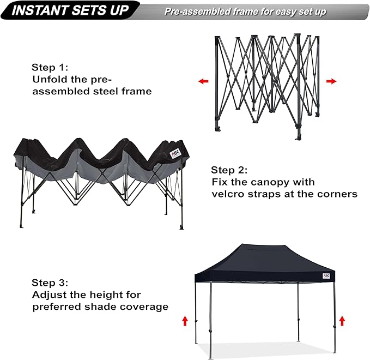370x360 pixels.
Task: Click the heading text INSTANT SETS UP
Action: pos(71,10)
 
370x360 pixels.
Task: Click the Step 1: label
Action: pos(50,68)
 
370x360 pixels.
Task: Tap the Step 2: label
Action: pos(229,170)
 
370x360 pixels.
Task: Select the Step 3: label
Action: pos(50,283)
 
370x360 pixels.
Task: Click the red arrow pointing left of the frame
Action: pos(203,81)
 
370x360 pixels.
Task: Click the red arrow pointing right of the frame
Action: pos(331,81)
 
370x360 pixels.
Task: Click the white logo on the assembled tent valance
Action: pos(326,275)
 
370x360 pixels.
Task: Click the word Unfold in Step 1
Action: pos(48,80)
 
